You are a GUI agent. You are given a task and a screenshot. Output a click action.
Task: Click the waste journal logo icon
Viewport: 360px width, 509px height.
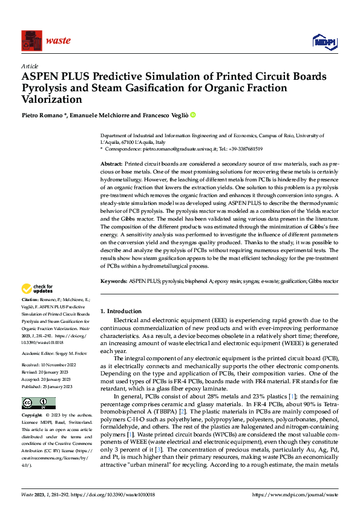point(31,41)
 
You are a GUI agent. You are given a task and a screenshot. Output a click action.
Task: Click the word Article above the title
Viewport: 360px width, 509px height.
point(29,66)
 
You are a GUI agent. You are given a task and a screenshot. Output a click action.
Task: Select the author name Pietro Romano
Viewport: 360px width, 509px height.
point(42,115)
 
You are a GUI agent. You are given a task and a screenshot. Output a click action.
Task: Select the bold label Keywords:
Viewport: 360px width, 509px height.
point(113,281)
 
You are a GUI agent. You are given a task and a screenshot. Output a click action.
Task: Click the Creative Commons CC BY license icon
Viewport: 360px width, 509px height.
point(34,403)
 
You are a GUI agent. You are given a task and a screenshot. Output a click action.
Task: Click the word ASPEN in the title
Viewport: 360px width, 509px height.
point(42,77)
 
